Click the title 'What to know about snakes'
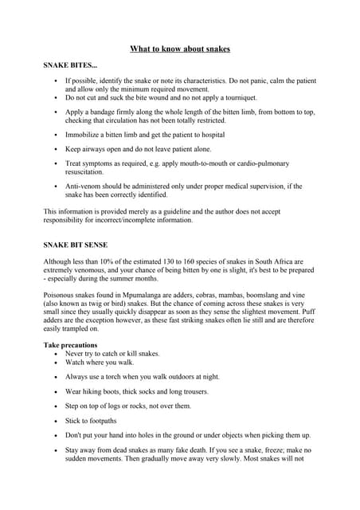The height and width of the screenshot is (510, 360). pyautogui.click(x=180, y=49)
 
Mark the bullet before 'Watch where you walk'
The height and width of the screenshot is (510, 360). pyautogui.click(x=54, y=362)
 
